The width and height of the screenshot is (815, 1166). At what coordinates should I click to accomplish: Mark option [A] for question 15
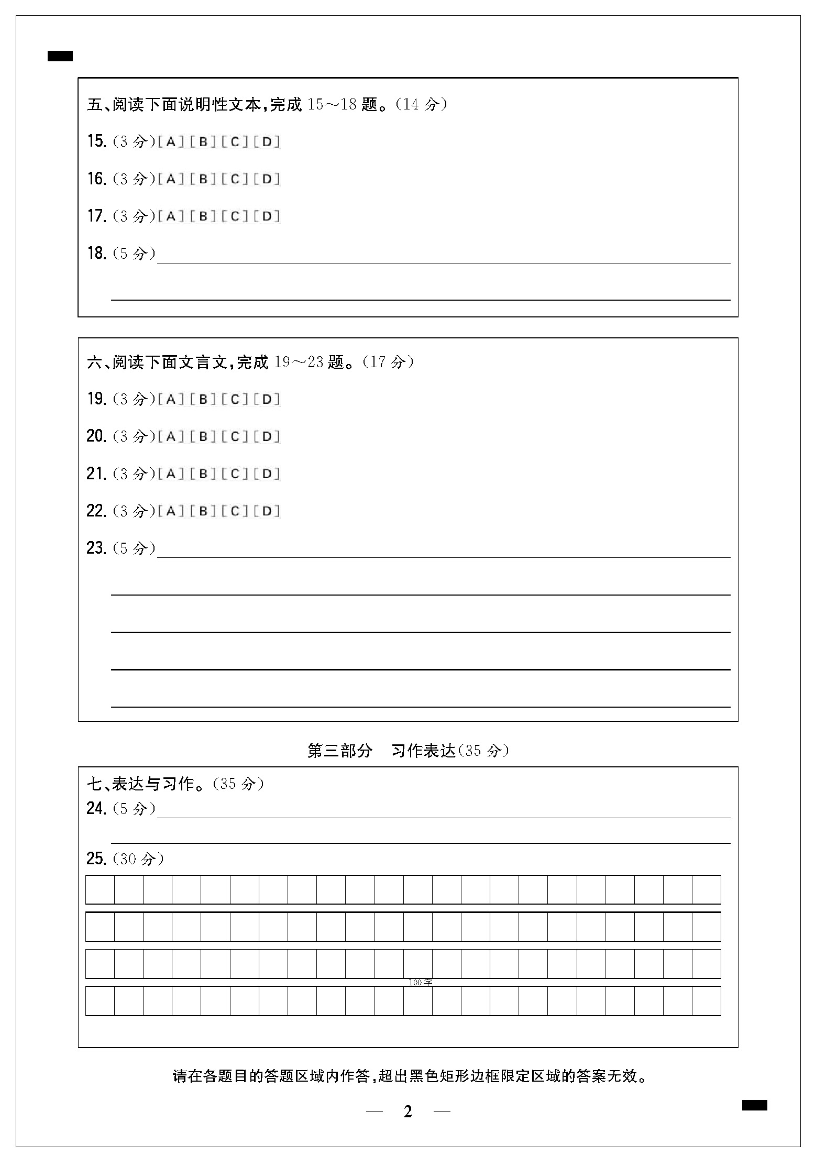(171, 142)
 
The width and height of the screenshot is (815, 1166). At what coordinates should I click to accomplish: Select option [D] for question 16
(267, 179)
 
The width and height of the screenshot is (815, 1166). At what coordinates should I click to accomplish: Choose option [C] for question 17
(235, 216)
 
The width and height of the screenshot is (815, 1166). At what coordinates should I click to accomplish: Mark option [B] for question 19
(203, 400)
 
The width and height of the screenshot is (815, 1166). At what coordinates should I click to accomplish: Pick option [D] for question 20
(267, 437)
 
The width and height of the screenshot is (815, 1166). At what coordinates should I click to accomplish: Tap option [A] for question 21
(171, 474)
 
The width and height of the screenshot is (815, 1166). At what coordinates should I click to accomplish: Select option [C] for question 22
(235, 511)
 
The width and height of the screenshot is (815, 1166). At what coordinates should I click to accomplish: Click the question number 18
(97, 254)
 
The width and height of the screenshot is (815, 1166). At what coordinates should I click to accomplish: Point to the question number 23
(97, 548)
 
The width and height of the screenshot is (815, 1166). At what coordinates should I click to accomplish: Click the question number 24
(97, 809)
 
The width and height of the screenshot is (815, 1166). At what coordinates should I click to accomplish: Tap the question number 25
(97, 859)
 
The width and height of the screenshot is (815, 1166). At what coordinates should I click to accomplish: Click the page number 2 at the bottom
(408, 1112)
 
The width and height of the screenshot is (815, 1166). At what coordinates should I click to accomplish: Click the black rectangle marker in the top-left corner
(60, 56)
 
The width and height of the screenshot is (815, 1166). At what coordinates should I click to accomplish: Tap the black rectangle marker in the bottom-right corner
(754, 1105)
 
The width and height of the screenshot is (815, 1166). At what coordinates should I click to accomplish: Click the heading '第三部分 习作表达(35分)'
(408, 751)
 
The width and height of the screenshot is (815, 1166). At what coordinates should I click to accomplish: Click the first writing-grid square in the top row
(100, 889)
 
